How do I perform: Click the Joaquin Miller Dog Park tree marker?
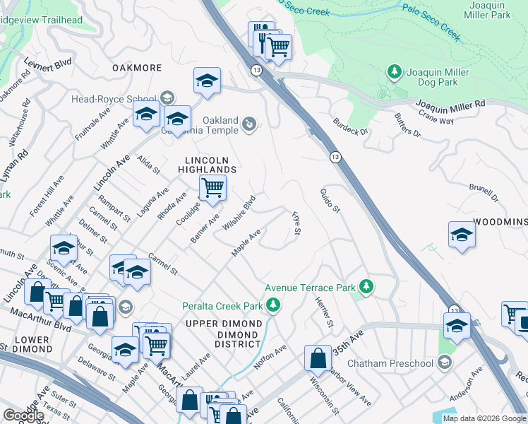pos(394,72)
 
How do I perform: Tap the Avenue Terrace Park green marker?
pos(366,287)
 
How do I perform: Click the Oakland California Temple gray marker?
pos(248,125)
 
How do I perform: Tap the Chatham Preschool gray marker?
pos(444,363)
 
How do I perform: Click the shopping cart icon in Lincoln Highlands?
pos(212,188)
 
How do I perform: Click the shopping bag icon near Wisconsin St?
pos(318,357)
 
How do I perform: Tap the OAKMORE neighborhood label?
pos(137,68)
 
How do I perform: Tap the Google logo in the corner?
pos(23,416)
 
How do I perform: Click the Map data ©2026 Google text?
pos(484,418)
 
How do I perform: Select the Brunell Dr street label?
pos(484,193)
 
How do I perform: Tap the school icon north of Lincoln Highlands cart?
pos(207,81)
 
